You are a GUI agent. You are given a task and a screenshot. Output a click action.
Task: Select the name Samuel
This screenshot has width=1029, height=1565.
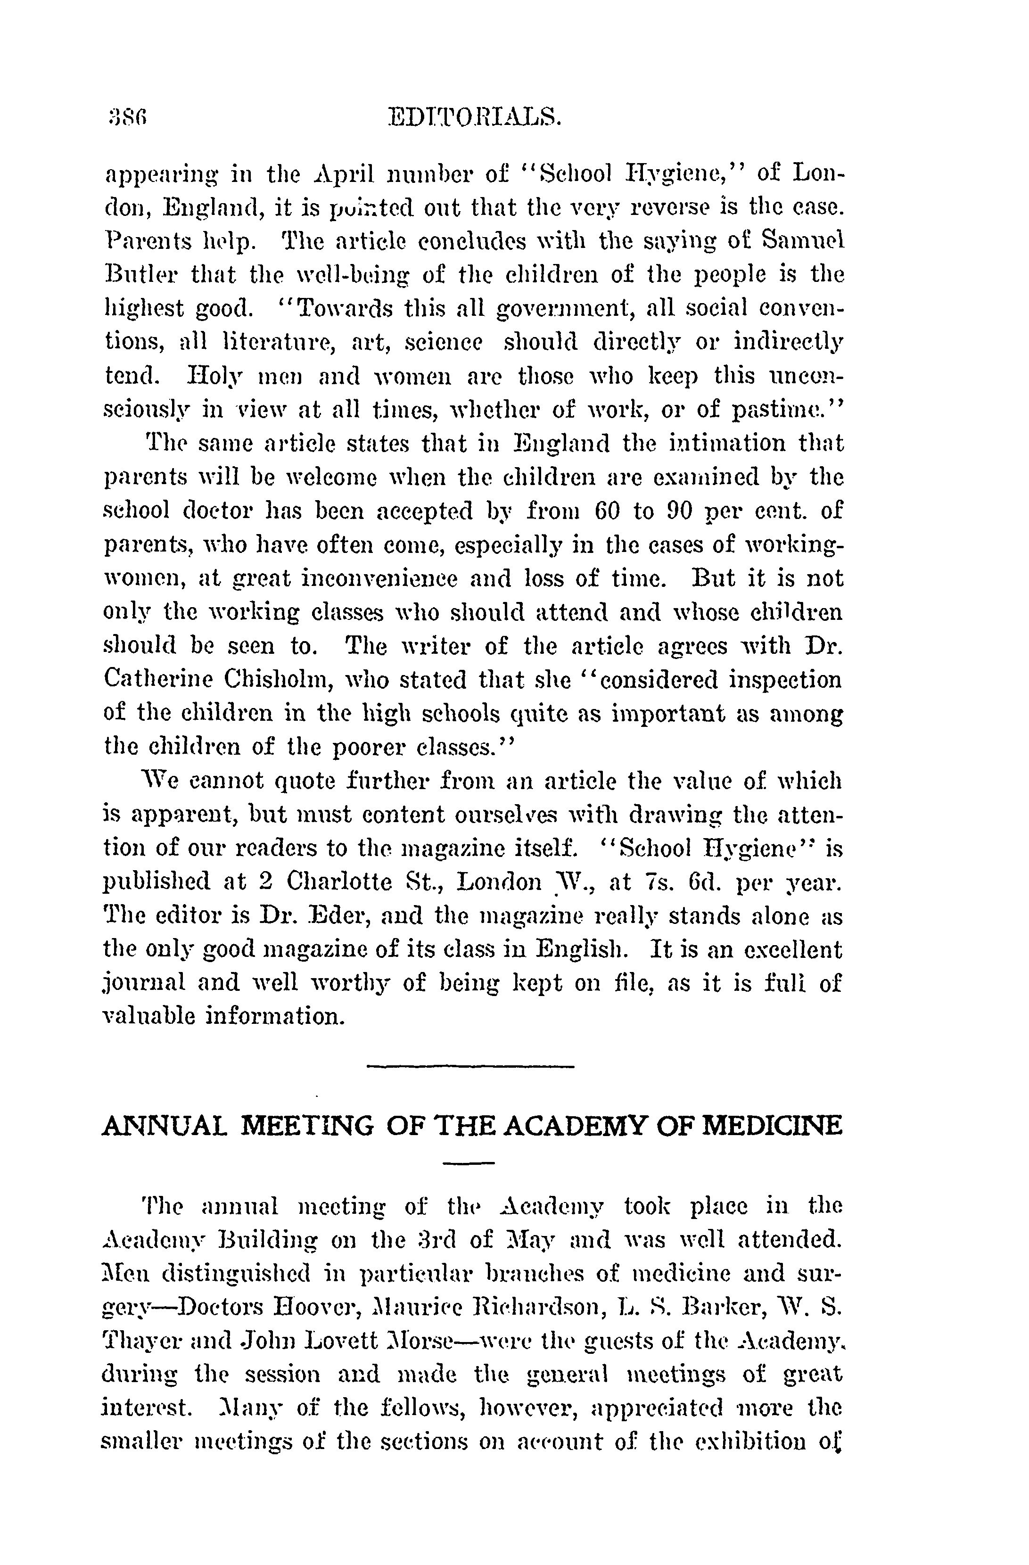click(805, 241)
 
